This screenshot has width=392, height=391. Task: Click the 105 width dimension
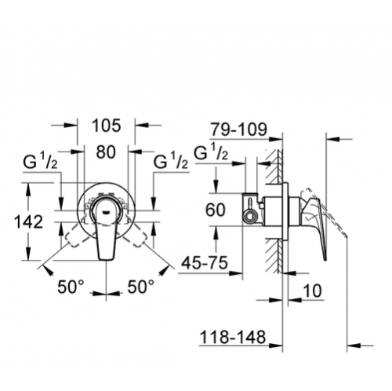click(x=107, y=126)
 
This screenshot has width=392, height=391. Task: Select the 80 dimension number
click(x=106, y=152)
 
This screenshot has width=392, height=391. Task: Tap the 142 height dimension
click(x=28, y=221)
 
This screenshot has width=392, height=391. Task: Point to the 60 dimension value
click(x=215, y=210)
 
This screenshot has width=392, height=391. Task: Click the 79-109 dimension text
click(x=239, y=129)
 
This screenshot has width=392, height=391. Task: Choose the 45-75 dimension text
click(x=205, y=262)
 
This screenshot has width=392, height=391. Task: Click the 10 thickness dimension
click(x=312, y=291)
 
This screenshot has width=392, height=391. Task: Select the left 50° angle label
click(x=71, y=287)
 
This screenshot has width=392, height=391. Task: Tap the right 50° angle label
click(x=140, y=287)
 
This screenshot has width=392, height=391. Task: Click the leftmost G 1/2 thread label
click(x=40, y=162)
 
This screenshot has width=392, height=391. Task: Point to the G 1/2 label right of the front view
click(x=171, y=162)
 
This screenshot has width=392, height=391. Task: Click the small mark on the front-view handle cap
click(x=106, y=212)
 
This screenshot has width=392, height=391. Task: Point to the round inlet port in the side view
click(x=249, y=217)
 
